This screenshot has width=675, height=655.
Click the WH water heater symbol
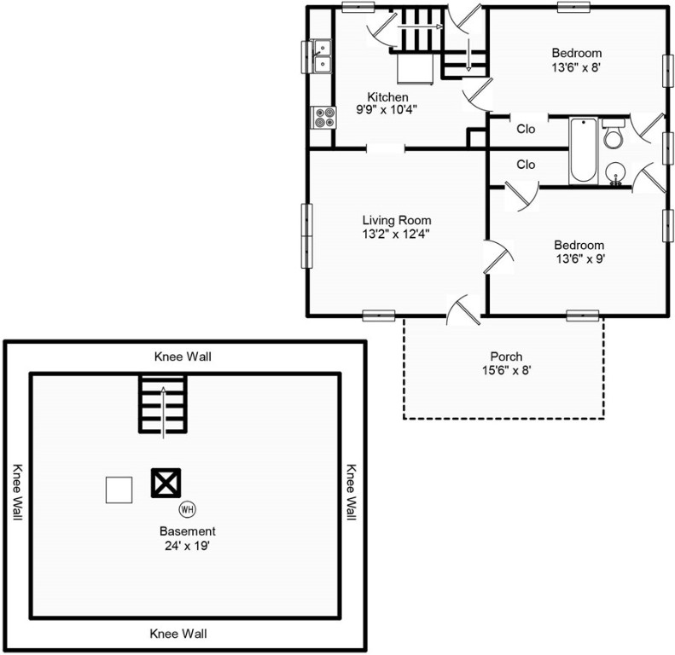(187, 509)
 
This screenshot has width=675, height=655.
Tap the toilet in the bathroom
(613, 133)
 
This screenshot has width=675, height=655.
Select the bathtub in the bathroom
(584, 150)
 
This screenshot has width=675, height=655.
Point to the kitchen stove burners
(323, 118)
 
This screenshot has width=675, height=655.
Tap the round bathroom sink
(616, 174)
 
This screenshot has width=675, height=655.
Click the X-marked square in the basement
(166, 483)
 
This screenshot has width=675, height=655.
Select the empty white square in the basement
(119, 490)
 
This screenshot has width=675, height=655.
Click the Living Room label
(397, 220)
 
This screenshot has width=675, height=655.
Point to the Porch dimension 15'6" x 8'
(506, 370)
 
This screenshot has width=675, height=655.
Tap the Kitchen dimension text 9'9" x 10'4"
(387, 110)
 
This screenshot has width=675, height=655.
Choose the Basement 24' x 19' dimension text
(187, 546)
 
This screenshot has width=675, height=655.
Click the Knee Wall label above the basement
(183, 356)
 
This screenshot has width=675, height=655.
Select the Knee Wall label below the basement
(178, 634)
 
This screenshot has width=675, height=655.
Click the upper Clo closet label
(526, 129)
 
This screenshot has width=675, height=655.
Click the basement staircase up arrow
(163, 413)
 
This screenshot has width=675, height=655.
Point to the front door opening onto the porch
(463, 309)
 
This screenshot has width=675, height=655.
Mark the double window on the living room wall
(307, 236)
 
